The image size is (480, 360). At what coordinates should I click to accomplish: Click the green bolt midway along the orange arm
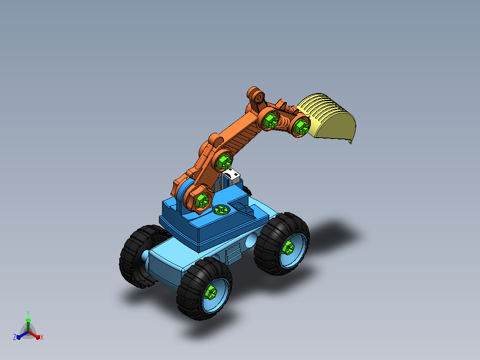[224, 161]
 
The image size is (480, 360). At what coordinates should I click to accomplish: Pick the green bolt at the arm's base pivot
[203, 200]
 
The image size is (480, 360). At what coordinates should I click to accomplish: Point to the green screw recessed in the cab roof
[221, 210]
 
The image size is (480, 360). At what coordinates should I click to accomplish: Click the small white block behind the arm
[232, 176]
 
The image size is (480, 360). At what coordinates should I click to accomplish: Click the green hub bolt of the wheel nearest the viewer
[211, 292]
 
